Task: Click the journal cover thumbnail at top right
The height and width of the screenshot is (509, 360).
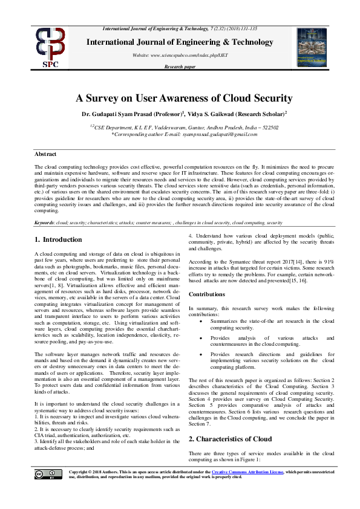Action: pyautogui.click(x=312, y=47)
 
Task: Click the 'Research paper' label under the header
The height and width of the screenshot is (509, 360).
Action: pyautogui.click(x=180, y=66)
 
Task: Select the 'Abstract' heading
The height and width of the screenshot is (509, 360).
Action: pyautogui.click(x=45, y=155)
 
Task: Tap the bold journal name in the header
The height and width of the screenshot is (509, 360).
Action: pyautogui.click(x=180, y=42)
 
